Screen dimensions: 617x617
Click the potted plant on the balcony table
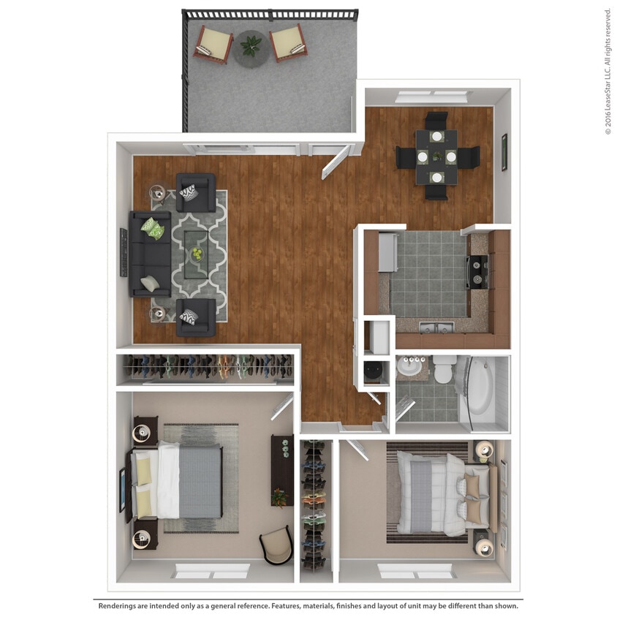(251, 46)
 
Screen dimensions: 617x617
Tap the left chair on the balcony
(213, 44)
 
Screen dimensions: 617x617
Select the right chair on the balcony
(288, 42)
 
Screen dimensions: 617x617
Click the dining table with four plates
(436, 156)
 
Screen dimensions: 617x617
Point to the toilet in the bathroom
(444, 371)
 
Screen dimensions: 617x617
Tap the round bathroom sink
(413, 368)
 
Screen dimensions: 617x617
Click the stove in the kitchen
(478, 271)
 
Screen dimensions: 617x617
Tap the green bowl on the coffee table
(197, 254)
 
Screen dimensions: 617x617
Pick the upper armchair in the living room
(195, 192)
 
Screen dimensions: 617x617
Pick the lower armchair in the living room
(195, 317)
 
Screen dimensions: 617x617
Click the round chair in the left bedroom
(276, 545)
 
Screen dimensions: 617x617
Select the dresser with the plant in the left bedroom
(281, 471)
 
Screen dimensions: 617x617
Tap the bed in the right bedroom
(439, 491)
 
